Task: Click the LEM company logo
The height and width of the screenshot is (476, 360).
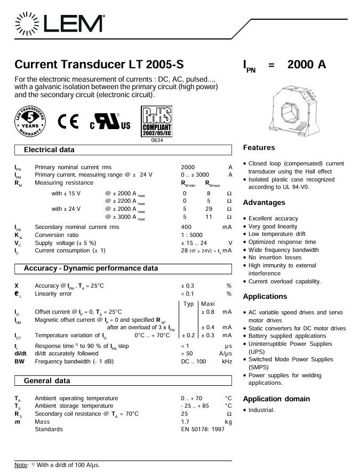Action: (60, 23)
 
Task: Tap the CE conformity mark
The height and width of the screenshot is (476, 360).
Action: (69, 122)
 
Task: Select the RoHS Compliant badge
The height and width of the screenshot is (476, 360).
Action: (156, 122)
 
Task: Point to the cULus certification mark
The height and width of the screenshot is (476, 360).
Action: (110, 122)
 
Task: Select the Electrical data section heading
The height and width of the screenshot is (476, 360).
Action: (49, 149)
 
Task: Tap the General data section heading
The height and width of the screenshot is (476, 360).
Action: (47, 380)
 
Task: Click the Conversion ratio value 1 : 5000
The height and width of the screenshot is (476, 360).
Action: (191, 235)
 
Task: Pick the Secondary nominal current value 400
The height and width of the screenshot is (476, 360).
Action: (186, 227)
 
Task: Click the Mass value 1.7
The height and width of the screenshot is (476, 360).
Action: (185, 422)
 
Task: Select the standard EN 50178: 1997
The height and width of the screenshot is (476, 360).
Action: (203, 429)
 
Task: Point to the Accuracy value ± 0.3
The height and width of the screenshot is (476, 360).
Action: (187, 285)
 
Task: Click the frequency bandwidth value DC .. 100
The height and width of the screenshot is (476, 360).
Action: (194, 362)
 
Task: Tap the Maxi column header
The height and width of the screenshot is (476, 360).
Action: (208, 304)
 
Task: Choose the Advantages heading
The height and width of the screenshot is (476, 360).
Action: (264, 202)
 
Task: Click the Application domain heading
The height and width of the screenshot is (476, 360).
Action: (277, 399)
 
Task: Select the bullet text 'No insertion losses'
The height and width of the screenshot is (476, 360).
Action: (275, 257)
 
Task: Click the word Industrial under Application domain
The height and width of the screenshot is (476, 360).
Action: (261, 410)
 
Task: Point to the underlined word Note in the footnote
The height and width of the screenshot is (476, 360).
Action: (21, 465)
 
